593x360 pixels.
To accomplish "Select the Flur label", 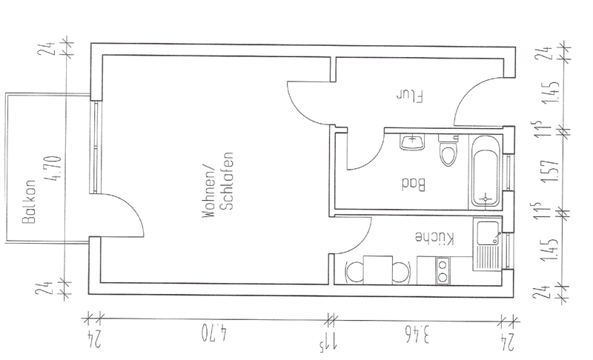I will tap(409, 96).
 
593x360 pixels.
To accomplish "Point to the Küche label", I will tap(433, 237).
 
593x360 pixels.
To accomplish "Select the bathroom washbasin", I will tap(411, 141).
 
